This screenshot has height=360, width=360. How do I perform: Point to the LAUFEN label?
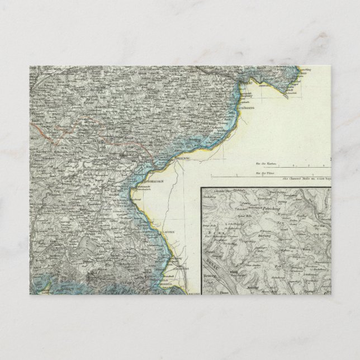point(154,231)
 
